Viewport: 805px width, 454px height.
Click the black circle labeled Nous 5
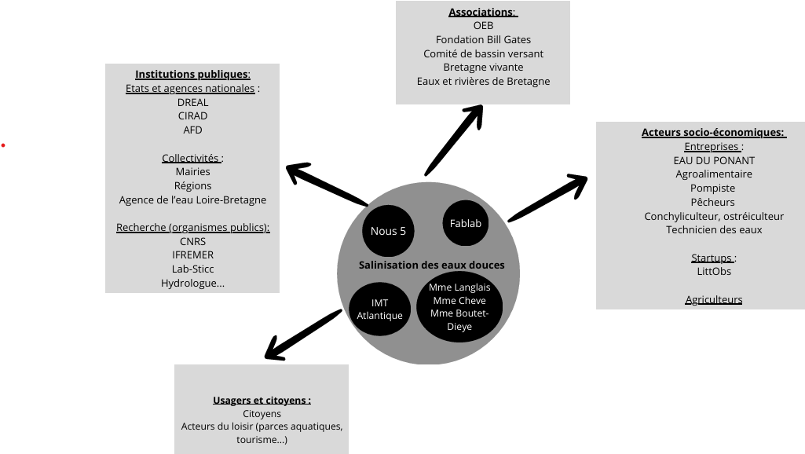388,231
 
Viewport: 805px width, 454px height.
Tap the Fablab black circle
466,223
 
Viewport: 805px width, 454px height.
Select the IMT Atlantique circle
379,309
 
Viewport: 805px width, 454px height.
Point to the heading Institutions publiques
192,74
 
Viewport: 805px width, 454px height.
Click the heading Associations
482,12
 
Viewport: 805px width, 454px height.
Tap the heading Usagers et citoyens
262,400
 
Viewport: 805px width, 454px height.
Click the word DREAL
192,102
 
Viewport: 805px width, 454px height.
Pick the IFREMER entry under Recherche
192,254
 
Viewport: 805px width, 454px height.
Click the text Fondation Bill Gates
483,39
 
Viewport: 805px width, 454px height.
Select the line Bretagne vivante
483,68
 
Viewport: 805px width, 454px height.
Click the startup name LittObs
713,271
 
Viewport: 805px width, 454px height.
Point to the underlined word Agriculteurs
713,299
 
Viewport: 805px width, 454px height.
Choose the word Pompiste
713,189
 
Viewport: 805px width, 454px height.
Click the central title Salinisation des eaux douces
431,265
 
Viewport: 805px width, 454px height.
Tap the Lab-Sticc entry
192,269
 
